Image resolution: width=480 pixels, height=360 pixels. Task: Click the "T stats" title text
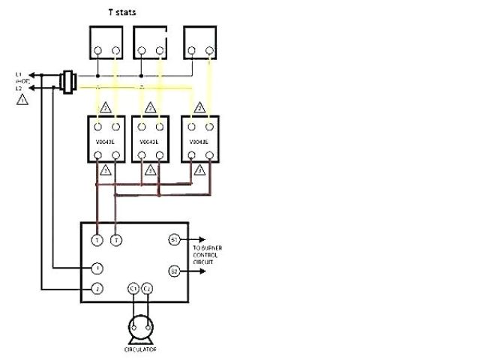pos(122,12)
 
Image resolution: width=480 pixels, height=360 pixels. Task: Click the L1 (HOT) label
pos(21,77)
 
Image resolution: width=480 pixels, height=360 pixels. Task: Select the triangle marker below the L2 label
pos(22,99)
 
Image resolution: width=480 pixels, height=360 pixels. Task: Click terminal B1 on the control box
pos(173,240)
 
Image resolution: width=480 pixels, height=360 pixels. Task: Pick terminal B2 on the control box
pos(173,271)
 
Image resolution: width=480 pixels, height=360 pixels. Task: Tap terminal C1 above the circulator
pos(133,288)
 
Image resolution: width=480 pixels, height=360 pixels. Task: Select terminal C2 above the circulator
pos(148,288)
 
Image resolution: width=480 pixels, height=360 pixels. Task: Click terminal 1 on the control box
pos(97,268)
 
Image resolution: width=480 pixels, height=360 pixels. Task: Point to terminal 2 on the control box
pos(97,288)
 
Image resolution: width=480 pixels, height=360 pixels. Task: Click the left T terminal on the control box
pos(97,240)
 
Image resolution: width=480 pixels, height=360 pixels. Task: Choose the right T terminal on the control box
pos(115,240)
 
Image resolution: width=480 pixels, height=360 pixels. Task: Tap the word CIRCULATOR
pos(140,349)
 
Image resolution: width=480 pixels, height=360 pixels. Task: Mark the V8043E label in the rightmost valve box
pos(199,141)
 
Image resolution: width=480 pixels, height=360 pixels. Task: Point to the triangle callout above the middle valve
pos(150,108)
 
